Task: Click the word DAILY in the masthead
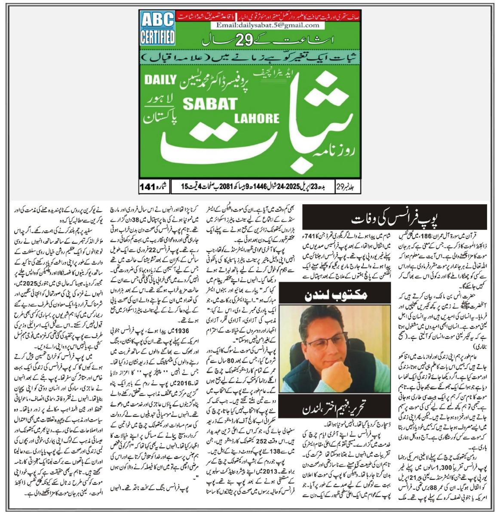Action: [x=158, y=80]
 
